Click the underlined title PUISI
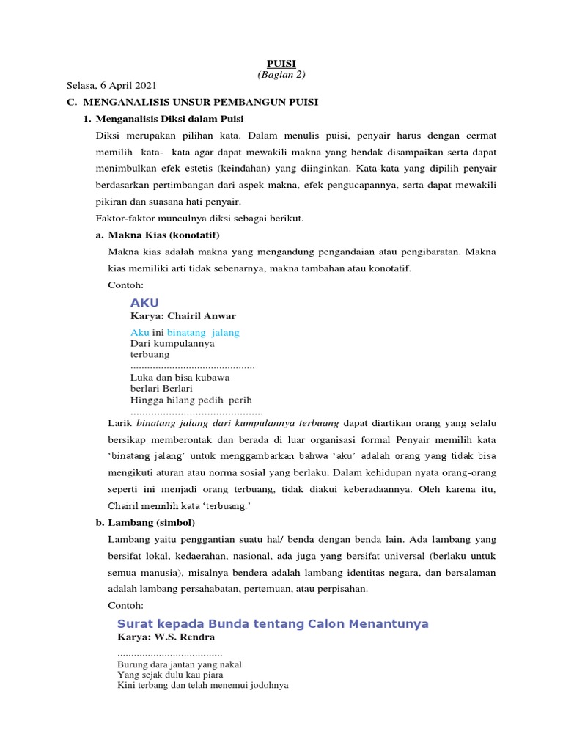[281, 64]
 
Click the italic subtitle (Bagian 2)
[281, 75]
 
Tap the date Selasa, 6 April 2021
[111, 86]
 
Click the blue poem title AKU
[144, 304]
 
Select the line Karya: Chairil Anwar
[183, 316]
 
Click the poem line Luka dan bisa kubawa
[180, 377]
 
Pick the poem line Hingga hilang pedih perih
[191, 400]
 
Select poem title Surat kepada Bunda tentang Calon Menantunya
[273, 623]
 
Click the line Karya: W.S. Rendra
[166, 637]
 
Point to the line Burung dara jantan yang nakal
[179, 664]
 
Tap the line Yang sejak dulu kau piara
[170, 675]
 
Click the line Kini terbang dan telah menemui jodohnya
[202, 686]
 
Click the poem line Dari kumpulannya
[172, 343]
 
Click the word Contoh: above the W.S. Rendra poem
[126, 606]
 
